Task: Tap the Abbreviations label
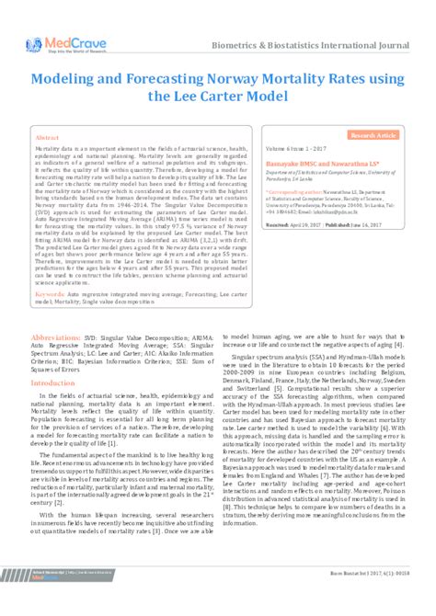tap(56, 311)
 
